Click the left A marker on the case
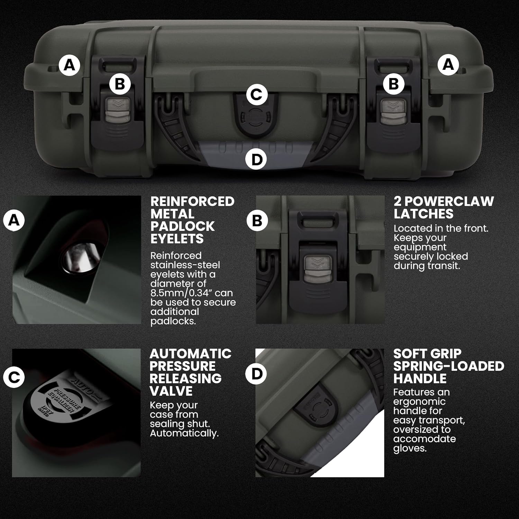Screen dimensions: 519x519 click(x=70, y=65)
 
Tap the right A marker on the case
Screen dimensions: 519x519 click(x=448, y=64)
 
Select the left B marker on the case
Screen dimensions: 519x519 click(x=120, y=84)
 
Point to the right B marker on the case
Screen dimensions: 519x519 click(x=394, y=84)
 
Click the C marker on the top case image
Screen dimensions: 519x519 click(x=256, y=94)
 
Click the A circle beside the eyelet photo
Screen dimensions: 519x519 click(x=14, y=220)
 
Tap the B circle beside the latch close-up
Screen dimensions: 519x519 click(x=257, y=220)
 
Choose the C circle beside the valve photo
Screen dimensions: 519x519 click(x=14, y=377)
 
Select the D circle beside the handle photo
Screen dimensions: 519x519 click(x=256, y=374)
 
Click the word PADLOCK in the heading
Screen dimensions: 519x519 click(x=182, y=226)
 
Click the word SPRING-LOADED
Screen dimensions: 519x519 click(x=449, y=366)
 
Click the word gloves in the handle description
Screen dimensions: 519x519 click(x=410, y=449)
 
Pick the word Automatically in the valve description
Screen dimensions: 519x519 click(x=184, y=434)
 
